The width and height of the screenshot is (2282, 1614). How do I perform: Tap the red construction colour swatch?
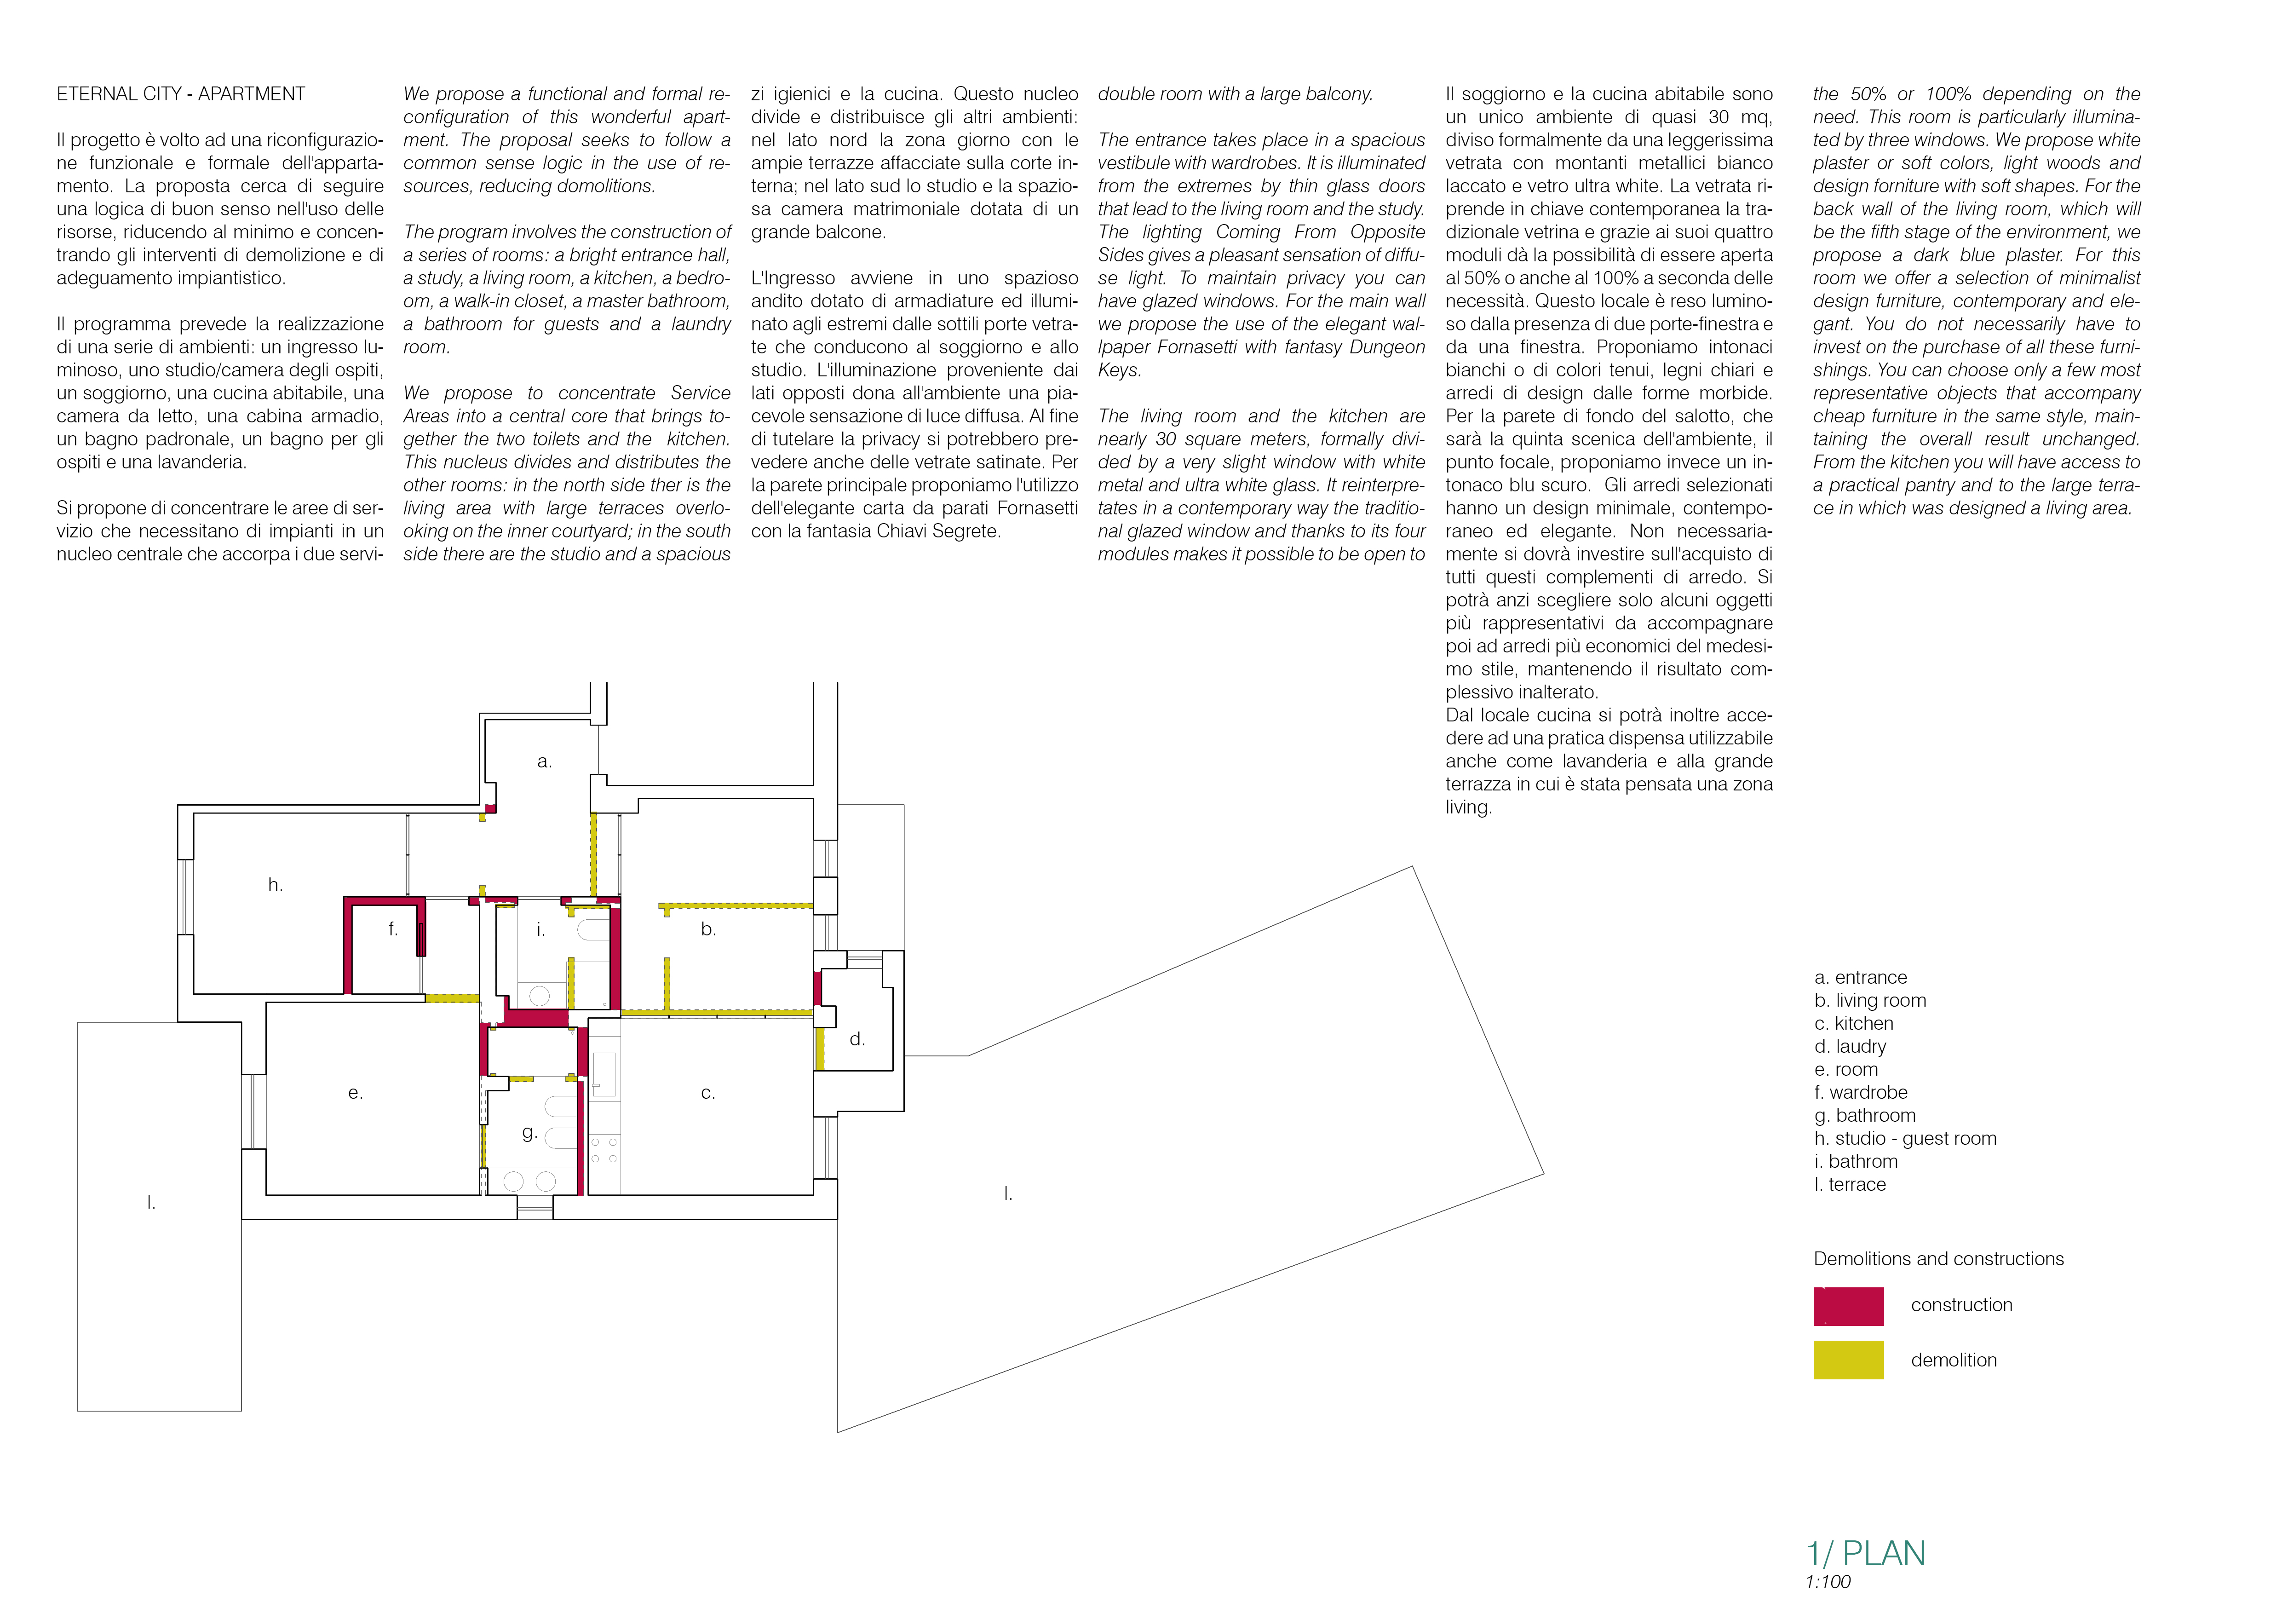[1848, 1306]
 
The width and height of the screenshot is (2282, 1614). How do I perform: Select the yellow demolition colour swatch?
[1848, 1360]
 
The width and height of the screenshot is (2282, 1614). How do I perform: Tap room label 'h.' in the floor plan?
[276, 884]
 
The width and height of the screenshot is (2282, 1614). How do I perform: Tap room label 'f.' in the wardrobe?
[392, 929]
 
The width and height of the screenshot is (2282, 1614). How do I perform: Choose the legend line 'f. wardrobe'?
[1861, 1092]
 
